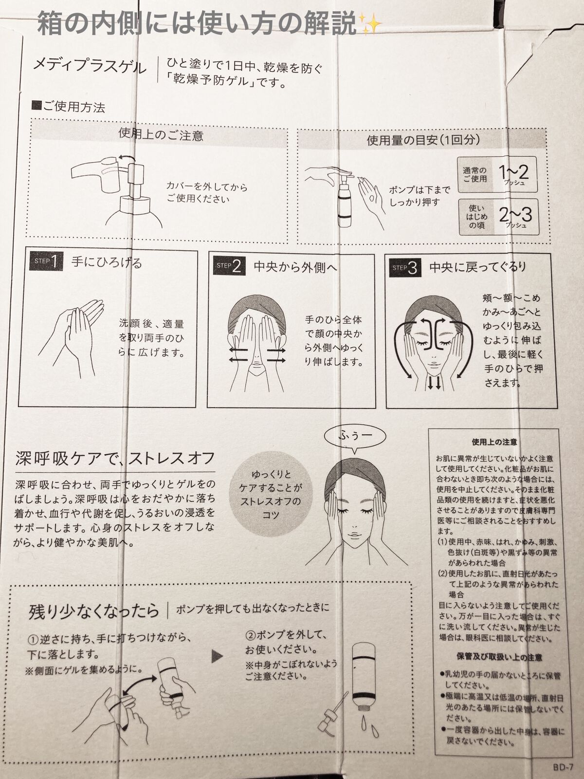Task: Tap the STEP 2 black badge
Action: click(x=229, y=265)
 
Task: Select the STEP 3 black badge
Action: click(x=405, y=268)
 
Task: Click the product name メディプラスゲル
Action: click(x=89, y=66)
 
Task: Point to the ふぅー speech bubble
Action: click(x=355, y=435)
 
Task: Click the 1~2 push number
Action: click(x=513, y=172)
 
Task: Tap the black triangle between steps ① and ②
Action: click(x=217, y=657)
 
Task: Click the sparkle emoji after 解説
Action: click(x=370, y=24)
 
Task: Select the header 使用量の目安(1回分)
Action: click(x=423, y=140)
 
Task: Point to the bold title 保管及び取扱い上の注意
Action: click(x=499, y=657)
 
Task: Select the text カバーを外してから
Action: click(x=207, y=186)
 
